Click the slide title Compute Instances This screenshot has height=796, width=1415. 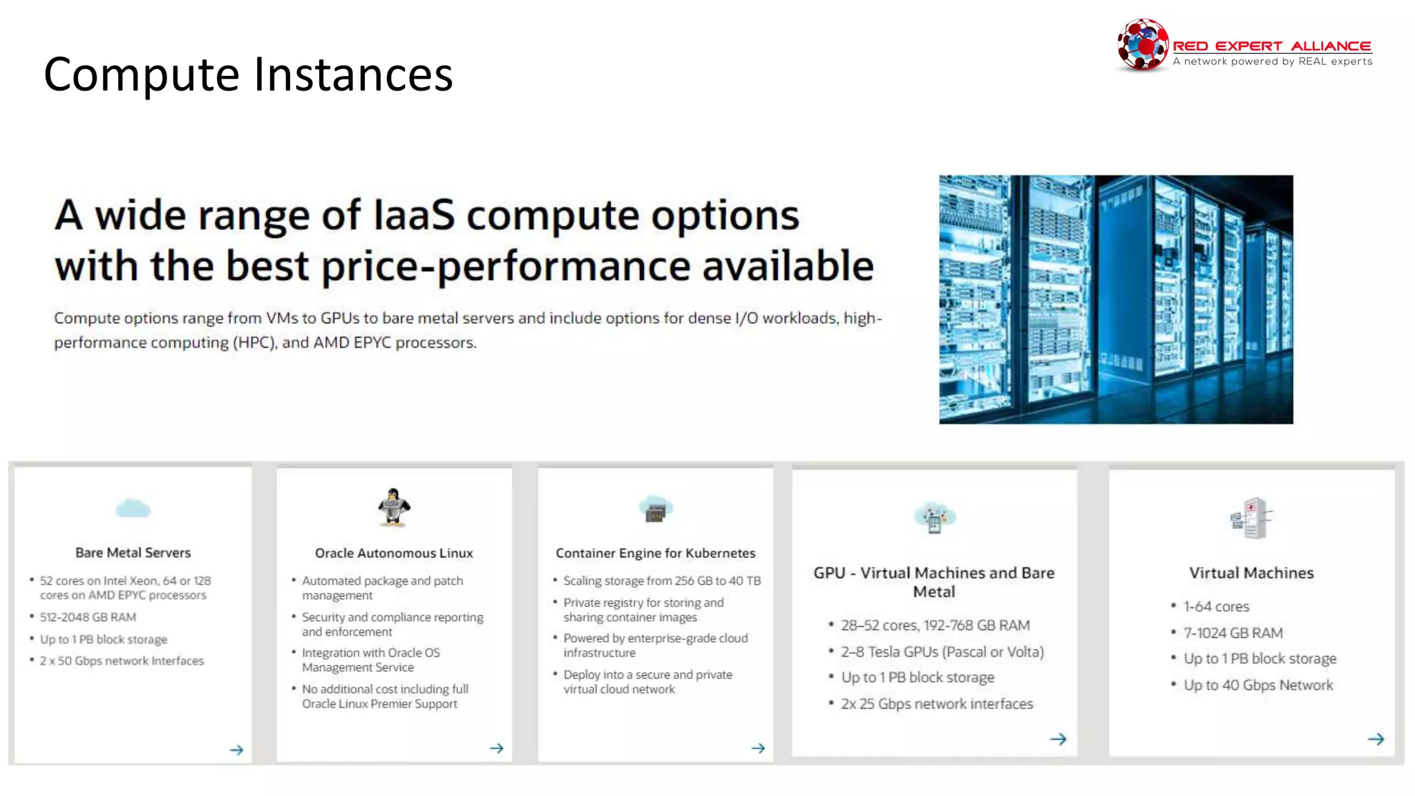[248, 75]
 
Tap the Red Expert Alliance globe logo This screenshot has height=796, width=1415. [1143, 44]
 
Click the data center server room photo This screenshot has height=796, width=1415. [1115, 299]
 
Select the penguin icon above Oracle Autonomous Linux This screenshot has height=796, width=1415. [394, 508]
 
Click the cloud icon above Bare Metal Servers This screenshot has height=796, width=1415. [133, 509]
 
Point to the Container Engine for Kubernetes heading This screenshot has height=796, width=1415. [655, 553]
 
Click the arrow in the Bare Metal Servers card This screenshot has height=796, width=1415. [236, 750]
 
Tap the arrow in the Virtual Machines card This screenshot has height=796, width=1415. [1376, 739]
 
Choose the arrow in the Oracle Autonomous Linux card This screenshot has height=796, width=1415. [497, 748]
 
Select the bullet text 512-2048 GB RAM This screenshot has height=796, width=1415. [88, 617]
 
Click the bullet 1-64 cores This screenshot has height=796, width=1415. [1216, 607]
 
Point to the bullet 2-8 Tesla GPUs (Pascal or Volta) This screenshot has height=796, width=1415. [942, 652]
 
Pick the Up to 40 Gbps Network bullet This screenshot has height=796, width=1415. [1258, 685]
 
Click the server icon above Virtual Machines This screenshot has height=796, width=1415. [1251, 518]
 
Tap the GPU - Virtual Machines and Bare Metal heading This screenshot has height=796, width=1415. [933, 582]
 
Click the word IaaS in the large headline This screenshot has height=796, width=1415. [414, 215]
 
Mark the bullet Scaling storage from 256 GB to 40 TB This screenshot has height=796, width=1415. [661, 580]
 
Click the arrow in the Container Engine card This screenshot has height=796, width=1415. [758, 748]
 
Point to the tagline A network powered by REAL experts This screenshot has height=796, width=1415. [1272, 61]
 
